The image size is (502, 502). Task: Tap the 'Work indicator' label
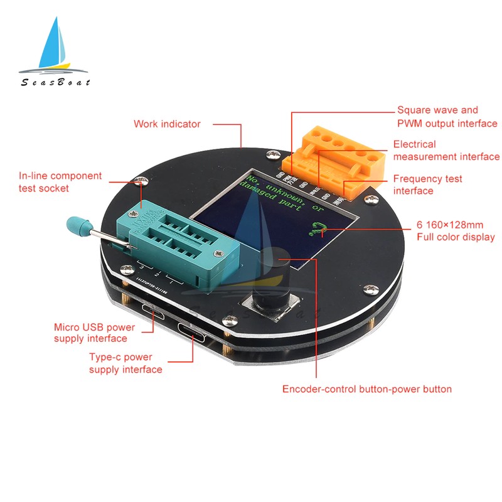167,124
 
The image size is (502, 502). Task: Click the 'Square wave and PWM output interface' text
447,116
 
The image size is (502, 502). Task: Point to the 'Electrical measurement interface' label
446,151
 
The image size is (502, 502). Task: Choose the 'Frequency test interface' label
427,184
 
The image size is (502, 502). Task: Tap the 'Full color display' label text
456,231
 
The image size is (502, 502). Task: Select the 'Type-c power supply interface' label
125,364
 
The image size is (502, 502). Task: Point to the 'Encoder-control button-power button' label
366,389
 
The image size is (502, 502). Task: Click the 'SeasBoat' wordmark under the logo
55,82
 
